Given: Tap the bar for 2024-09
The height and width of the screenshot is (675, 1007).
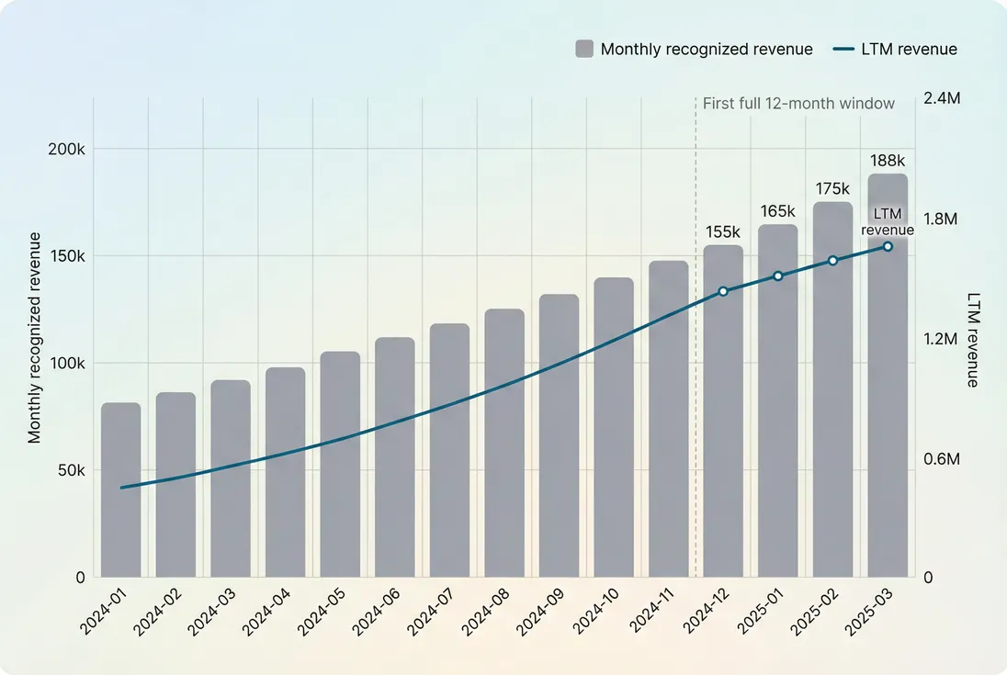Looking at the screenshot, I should tap(559, 435).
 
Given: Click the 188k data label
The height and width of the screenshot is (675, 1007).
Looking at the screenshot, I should tap(888, 162).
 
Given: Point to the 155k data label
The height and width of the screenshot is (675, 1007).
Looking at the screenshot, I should tap(723, 232).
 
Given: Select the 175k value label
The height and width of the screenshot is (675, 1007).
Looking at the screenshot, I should tap(833, 189).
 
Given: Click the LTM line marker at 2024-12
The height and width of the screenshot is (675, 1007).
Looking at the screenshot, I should tap(723, 291).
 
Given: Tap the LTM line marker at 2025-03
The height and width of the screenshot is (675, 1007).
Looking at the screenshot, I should tap(888, 246).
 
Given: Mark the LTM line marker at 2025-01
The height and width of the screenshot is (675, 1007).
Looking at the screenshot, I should tap(778, 276).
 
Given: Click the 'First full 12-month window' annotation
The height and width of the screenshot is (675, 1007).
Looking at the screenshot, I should tap(798, 104).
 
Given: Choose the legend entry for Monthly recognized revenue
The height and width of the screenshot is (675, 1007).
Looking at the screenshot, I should tap(695, 50).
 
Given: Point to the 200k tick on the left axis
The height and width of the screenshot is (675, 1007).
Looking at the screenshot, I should tap(66, 149).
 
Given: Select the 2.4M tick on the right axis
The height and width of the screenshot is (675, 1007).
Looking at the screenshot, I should tap(941, 99).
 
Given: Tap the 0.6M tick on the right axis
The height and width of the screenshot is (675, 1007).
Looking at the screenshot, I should tap(941, 458).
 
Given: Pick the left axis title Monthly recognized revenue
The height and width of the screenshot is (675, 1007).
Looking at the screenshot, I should tap(35, 338).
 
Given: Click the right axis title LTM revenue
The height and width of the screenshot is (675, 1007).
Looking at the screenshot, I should tap(972, 340).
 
